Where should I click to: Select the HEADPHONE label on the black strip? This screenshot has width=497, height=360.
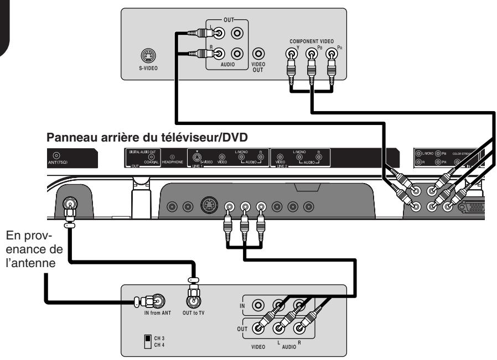pyautogui.click(x=171, y=163)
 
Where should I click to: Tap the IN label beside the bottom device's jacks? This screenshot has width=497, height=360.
pyautogui.click(x=241, y=304)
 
